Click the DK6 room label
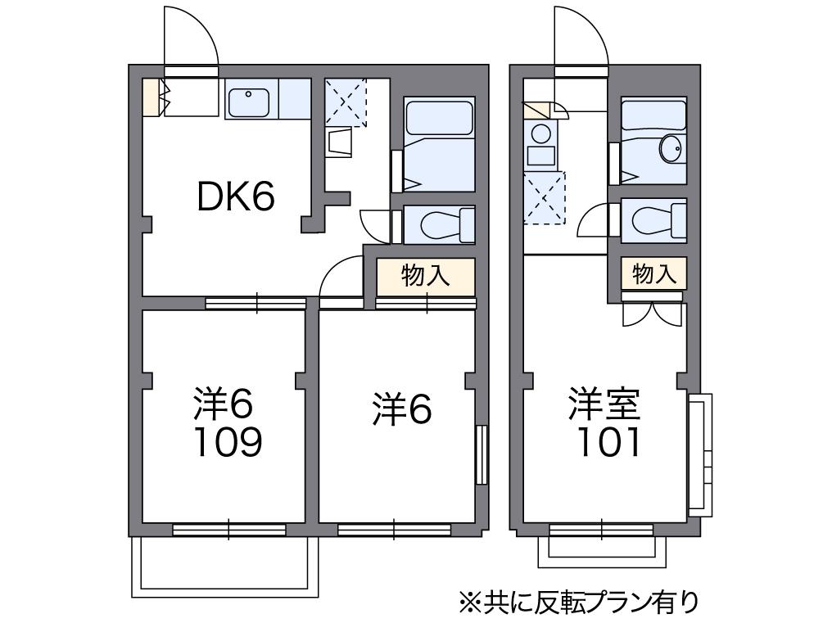click(236, 196)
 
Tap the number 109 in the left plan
click(228, 442)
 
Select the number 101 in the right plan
click(607, 443)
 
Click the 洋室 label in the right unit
click(606, 404)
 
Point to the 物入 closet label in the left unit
click(426, 276)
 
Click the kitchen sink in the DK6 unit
click(248, 103)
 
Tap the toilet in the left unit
click(441, 223)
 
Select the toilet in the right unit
click(653, 219)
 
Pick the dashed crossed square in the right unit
click(544, 196)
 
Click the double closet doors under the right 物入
click(652, 313)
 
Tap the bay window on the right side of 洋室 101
click(700, 454)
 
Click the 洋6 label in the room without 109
click(401, 409)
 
